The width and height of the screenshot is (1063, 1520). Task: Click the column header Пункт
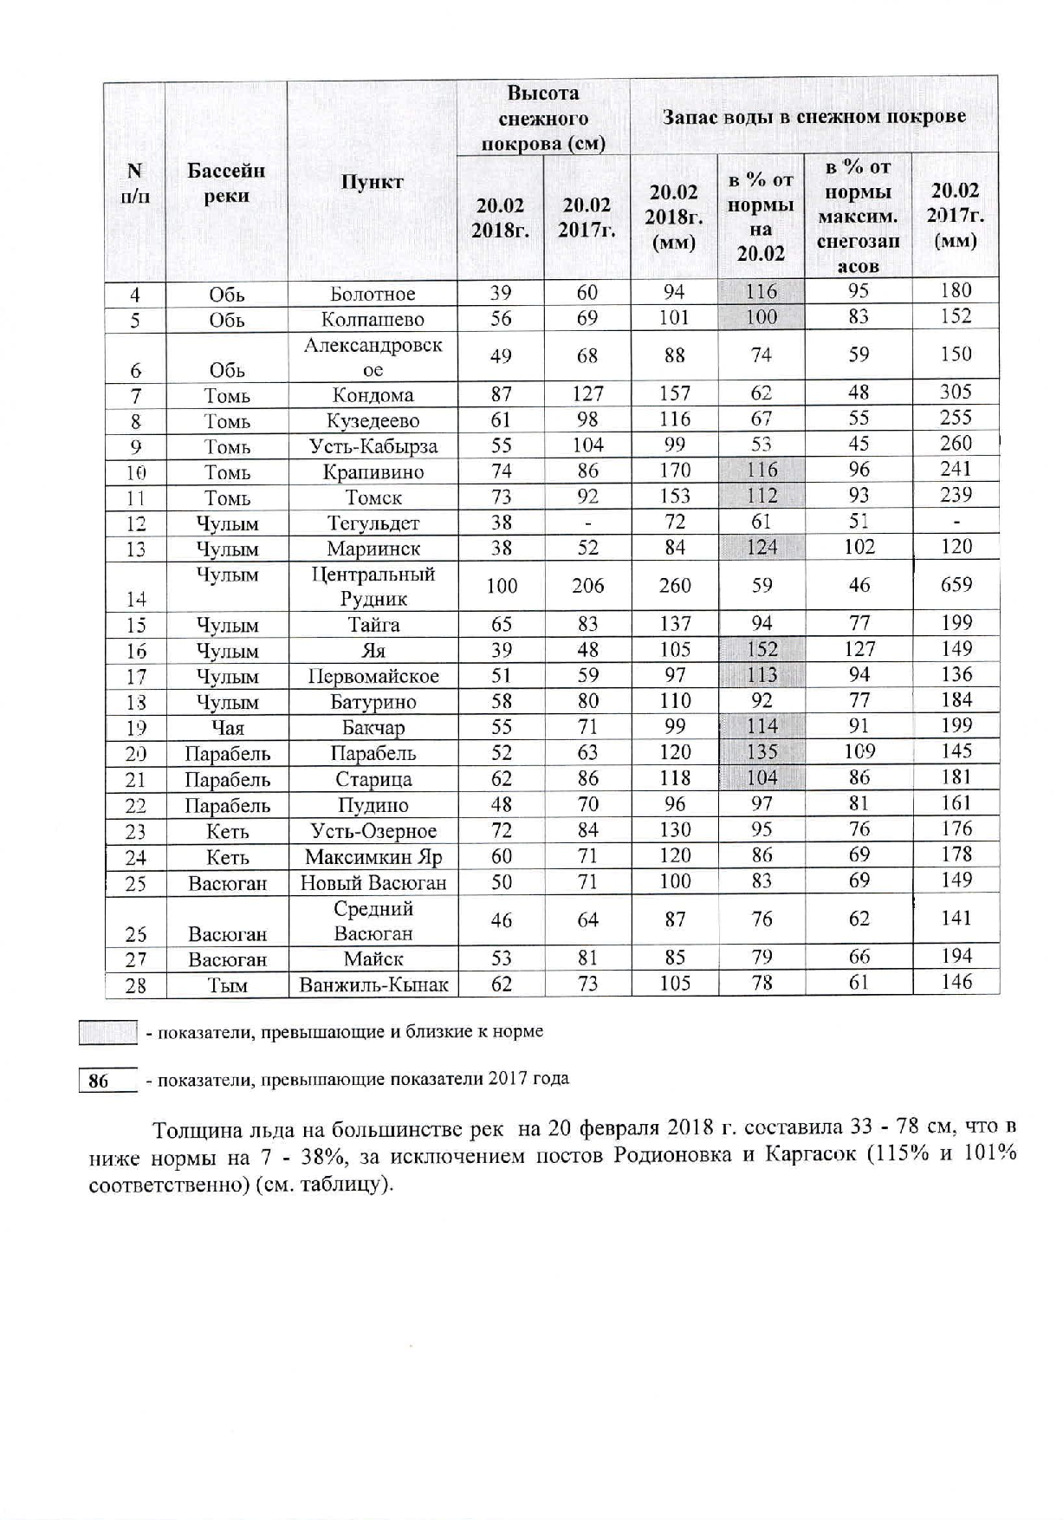[x=372, y=182]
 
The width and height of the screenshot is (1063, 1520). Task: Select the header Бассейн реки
[x=226, y=182]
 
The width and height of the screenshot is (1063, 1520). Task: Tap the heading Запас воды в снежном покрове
[x=813, y=117]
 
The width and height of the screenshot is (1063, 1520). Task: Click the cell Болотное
[x=373, y=294]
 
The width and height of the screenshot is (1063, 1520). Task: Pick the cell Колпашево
[x=373, y=319]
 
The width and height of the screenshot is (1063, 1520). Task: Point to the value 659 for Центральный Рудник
[x=956, y=585]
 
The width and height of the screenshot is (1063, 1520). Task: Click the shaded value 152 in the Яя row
[x=762, y=649]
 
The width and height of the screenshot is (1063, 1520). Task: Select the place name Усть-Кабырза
[x=373, y=446]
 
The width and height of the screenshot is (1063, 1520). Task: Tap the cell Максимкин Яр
[x=373, y=857]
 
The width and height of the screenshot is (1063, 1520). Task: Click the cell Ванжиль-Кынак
[x=373, y=984]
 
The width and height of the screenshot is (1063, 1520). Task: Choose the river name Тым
[x=227, y=985]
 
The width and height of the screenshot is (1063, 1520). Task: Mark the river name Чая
[x=227, y=728]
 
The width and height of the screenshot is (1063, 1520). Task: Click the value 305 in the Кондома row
[x=956, y=393]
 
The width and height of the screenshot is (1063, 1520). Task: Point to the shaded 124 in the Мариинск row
[x=762, y=547]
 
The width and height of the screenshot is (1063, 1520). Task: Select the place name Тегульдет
[x=373, y=523]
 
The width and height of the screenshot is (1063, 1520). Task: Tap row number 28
[x=135, y=985]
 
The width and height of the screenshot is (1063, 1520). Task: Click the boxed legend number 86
[x=99, y=1081]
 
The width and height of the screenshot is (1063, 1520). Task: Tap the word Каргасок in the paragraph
[x=812, y=1156]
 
